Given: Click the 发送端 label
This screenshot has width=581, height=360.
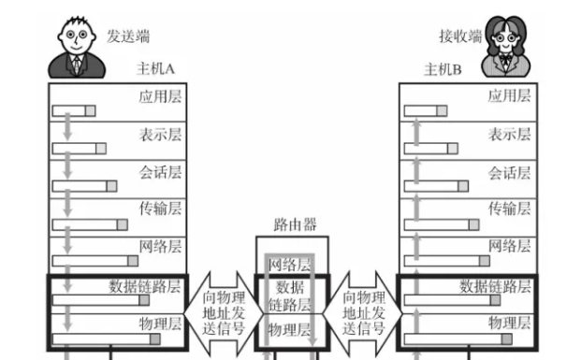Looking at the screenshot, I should point(128,36).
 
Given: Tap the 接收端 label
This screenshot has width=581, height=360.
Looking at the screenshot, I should point(460,36).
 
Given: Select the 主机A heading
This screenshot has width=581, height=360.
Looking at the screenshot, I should point(156,70).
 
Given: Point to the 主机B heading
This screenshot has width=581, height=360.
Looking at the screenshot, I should point(443,70).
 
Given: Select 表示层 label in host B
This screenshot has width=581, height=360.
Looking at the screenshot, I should point(509,134).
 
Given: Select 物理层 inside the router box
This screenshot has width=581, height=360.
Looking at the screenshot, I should point(289,329).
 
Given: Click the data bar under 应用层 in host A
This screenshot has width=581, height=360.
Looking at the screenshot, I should point(74,111).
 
